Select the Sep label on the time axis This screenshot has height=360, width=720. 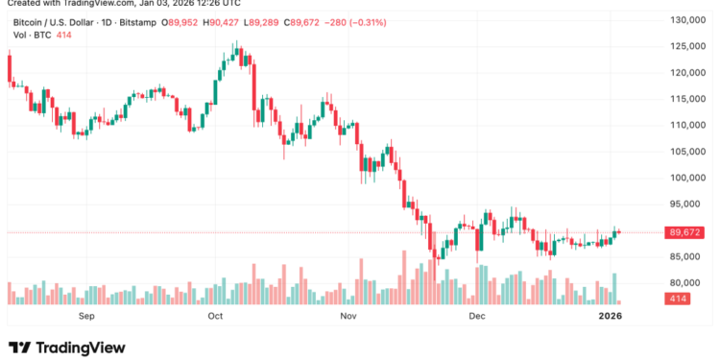(86, 315)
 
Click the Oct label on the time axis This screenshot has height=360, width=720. (215, 315)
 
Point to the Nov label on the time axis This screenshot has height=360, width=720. (348, 315)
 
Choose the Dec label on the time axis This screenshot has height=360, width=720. (476, 315)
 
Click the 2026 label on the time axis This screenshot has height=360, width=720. (612, 315)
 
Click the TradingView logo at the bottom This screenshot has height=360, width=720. (67, 347)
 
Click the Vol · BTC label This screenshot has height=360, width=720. (32, 35)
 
